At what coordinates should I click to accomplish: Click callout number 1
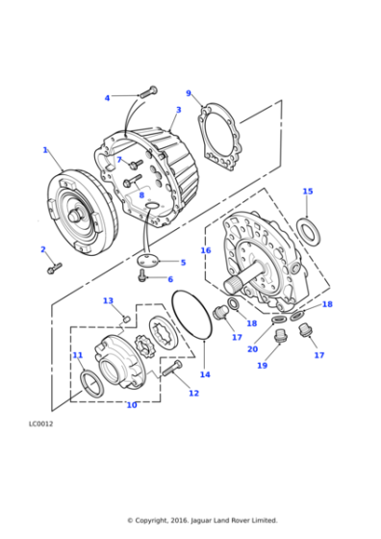[45, 149]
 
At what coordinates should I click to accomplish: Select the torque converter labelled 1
[79, 213]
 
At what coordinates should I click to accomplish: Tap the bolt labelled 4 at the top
[147, 92]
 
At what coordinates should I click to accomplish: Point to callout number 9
[189, 93]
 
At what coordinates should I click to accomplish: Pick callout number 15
[307, 192]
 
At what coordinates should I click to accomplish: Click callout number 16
[205, 250]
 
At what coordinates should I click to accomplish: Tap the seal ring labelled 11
[90, 384]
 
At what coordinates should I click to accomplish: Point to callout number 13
[108, 301]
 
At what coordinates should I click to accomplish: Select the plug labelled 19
[282, 337]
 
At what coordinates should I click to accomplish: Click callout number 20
[252, 348]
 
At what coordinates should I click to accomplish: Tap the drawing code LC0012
[41, 423]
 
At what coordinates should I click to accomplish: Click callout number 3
[178, 110]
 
